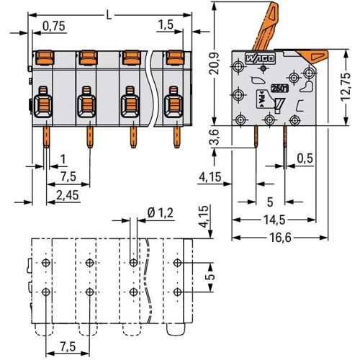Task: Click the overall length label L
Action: pyautogui.click(x=109, y=15)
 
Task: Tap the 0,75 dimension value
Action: pyautogui.click(x=54, y=26)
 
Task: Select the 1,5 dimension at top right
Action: pyautogui.click(x=166, y=24)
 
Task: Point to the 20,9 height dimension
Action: pyautogui.click(x=214, y=63)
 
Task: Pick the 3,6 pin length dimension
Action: pyautogui.click(x=214, y=137)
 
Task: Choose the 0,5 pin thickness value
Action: pyautogui.click(x=305, y=158)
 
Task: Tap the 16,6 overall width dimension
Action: pyautogui.click(x=280, y=238)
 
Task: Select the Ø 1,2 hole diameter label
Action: pyautogui.click(x=161, y=212)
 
